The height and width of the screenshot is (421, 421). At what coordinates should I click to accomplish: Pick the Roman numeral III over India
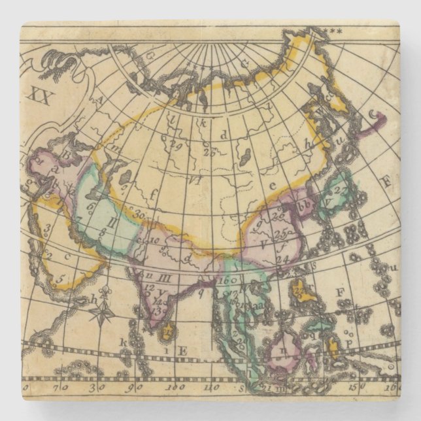165,278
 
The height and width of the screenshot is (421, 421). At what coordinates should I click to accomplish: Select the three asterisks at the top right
335,30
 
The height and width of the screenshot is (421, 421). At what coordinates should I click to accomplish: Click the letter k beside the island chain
122,342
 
